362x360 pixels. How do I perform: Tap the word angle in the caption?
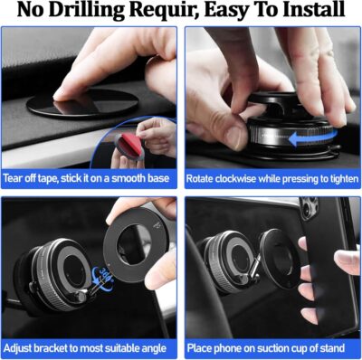point(157,347)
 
